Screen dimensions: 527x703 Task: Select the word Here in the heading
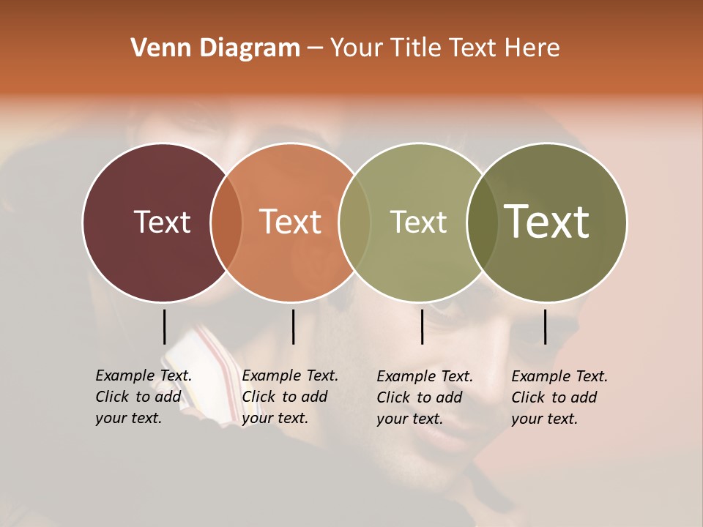coord(532,48)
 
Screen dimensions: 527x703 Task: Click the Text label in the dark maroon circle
coord(162,222)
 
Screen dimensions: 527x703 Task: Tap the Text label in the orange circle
coord(291,222)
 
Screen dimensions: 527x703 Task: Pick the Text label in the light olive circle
coord(418,222)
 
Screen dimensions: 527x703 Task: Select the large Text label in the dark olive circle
coord(547,222)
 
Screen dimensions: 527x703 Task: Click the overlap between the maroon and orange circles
coord(226,223)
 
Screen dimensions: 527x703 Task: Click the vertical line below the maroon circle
coord(164,326)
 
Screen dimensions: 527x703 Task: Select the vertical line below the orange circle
coord(293,326)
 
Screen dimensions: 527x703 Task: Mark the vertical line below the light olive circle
coord(423,326)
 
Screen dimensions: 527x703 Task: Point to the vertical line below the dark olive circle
coord(545,326)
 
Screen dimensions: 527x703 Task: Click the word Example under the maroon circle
coord(125,375)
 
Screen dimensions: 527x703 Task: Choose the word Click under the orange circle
coord(258,397)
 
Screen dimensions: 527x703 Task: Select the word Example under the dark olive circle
coord(541,376)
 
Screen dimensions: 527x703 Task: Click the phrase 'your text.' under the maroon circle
coord(129,418)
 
